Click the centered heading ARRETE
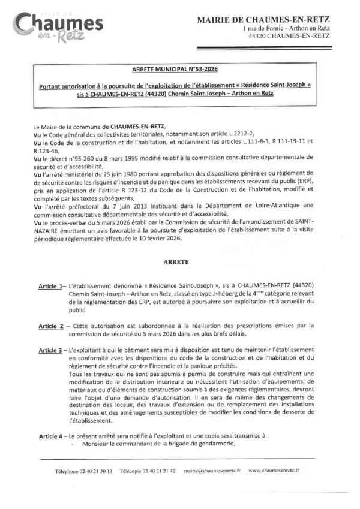[x=176, y=263]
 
